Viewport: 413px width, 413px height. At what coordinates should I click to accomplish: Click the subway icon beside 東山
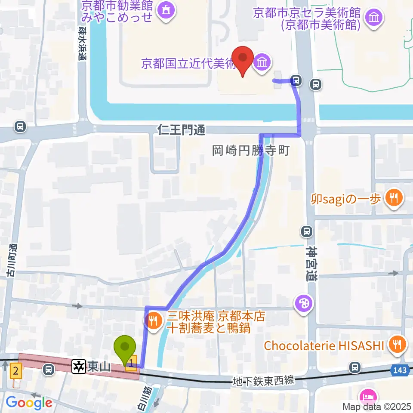click(79, 367)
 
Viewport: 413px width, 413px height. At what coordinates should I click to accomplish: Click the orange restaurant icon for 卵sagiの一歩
click(394, 198)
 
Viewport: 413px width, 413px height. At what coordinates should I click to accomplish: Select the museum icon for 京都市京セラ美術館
click(373, 18)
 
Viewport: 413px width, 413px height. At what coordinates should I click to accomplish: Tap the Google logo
click(29, 403)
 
